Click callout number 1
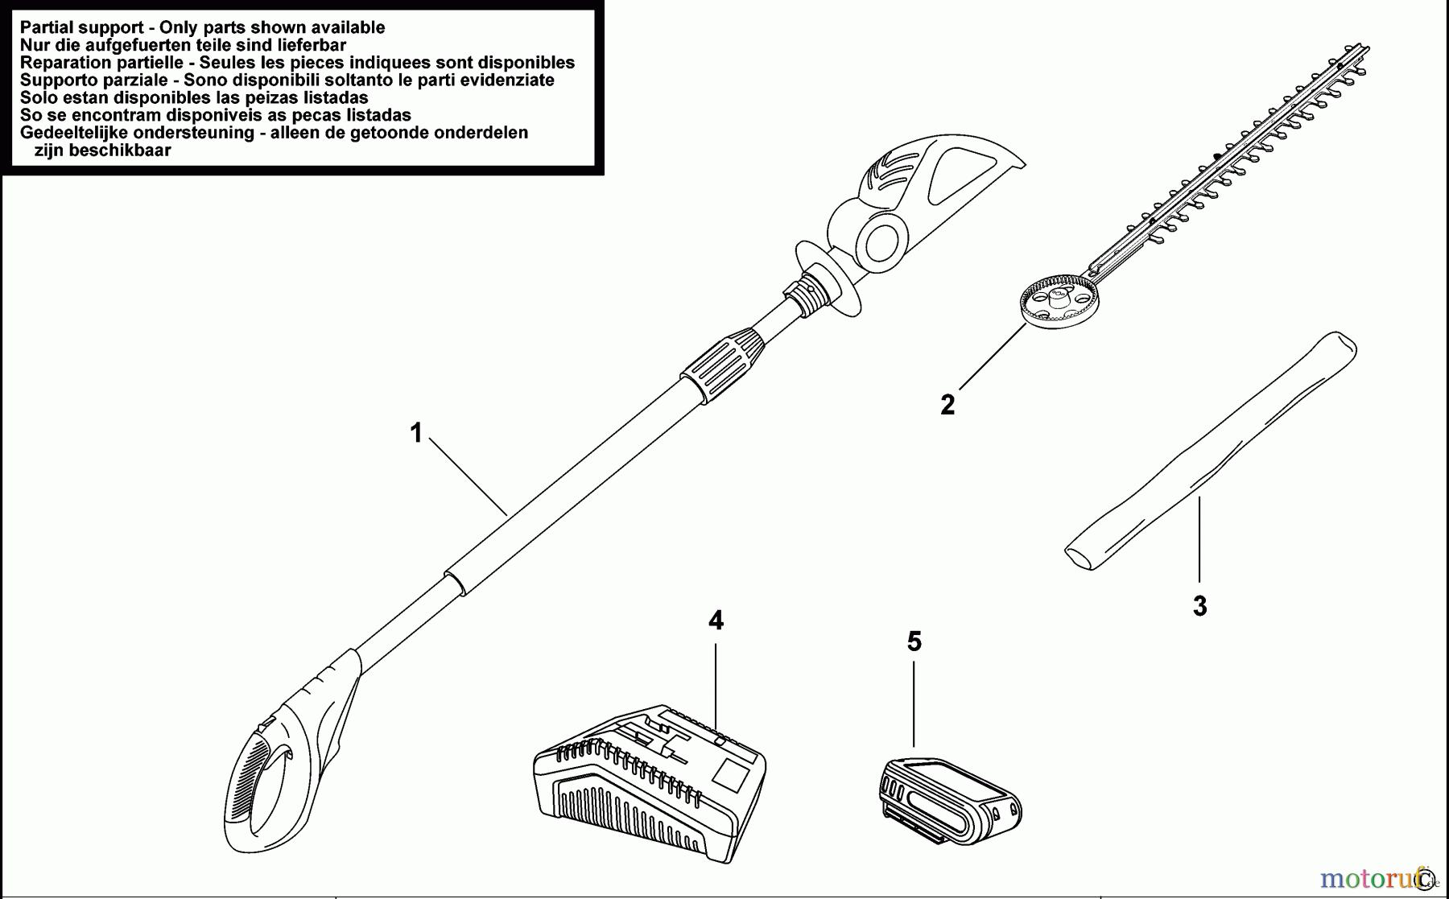(415, 433)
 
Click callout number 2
(947, 404)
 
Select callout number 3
(1199, 606)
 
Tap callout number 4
(716, 621)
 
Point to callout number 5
(914, 641)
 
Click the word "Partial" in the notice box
(47, 27)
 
